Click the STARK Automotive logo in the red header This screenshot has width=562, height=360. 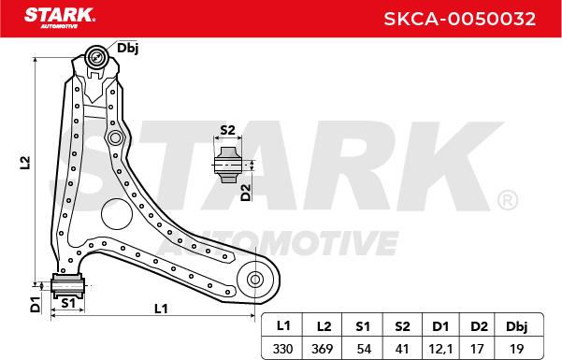tap(60, 19)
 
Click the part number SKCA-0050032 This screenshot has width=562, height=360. tap(460, 19)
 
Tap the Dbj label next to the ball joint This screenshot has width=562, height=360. tap(128, 49)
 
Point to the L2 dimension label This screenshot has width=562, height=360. tap(25, 163)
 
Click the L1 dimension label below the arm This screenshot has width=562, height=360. tap(161, 309)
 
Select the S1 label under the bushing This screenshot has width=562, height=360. tap(68, 303)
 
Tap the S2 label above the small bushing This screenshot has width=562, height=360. tap(227, 130)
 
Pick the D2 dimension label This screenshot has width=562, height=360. tap(246, 193)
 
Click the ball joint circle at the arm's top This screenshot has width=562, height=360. tap(96, 57)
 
